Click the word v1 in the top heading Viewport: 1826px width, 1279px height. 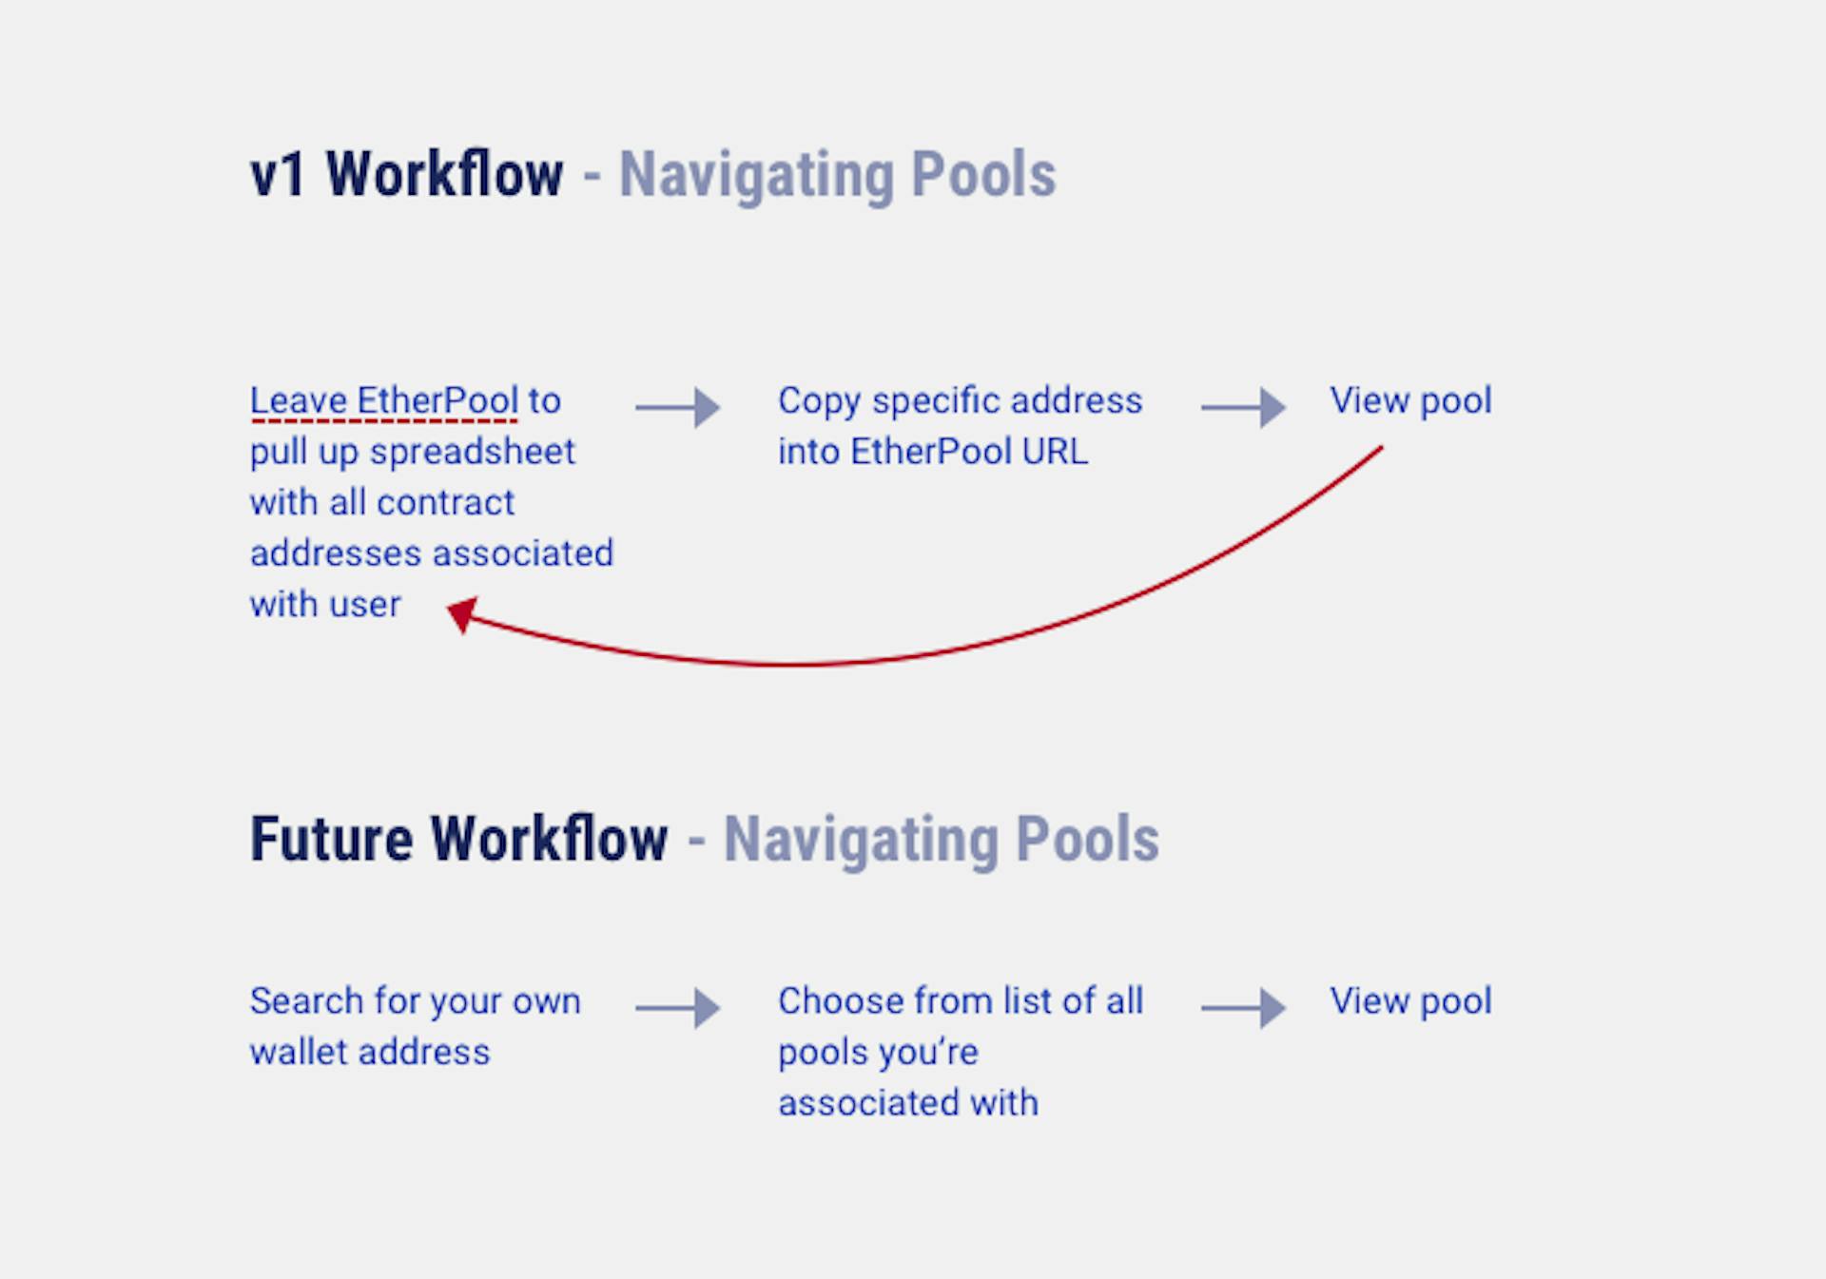click(x=278, y=175)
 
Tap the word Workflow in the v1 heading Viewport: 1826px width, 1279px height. click(x=444, y=174)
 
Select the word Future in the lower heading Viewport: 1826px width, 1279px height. click(x=331, y=840)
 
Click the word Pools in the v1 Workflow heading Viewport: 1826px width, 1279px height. click(x=983, y=175)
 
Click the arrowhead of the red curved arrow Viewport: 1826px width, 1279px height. click(x=462, y=614)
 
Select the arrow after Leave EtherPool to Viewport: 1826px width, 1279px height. click(x=678, y=407)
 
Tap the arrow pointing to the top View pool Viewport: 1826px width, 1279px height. click(x=1244, y=407)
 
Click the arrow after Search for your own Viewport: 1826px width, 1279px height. click(x=678, y=1008)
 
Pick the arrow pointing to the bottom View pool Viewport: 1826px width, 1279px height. click(x=1244, y=1008)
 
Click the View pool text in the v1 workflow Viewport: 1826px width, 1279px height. click(x=1410, y=401)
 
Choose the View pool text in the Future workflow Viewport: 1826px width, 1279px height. click(x=1410, y=1001)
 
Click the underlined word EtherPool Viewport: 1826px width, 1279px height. click(x=437, y=400)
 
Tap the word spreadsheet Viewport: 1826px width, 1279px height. click(x=472, y=453)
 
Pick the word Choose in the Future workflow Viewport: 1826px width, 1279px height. click(x=841, y=1001)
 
